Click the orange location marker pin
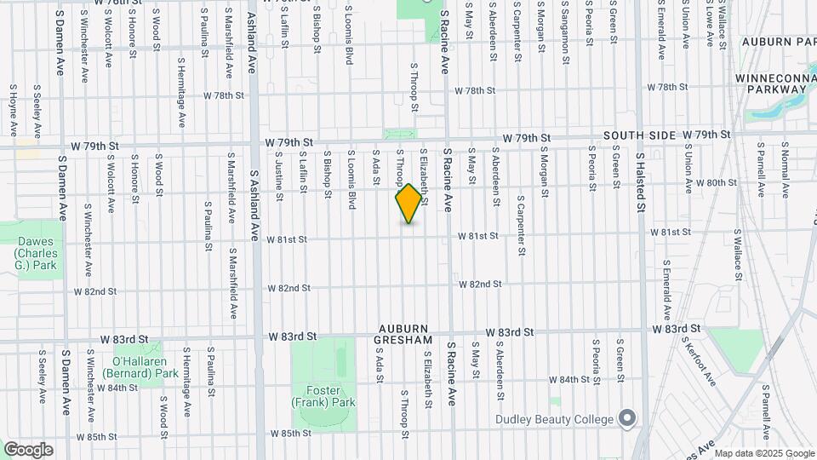(408, 204)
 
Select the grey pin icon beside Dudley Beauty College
(627, 418)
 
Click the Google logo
(28, 450)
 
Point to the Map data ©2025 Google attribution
(763, 453)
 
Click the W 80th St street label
(716, 182)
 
